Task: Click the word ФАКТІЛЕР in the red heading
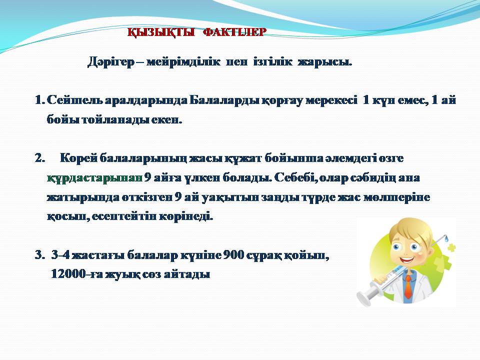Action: pos(235,32)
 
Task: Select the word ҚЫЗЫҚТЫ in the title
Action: pos(161,32)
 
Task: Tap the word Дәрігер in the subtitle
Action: pos(111,62)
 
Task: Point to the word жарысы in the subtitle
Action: pos(325,62)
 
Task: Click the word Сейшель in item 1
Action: pos(74,100)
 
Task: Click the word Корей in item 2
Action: pos(78,158)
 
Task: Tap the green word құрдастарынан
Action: pos(95,178)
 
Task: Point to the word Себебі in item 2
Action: pos(294,178)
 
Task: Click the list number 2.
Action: pos(39,158)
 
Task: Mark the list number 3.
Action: pos(39,255)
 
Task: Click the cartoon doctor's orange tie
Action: pos(408,287)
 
